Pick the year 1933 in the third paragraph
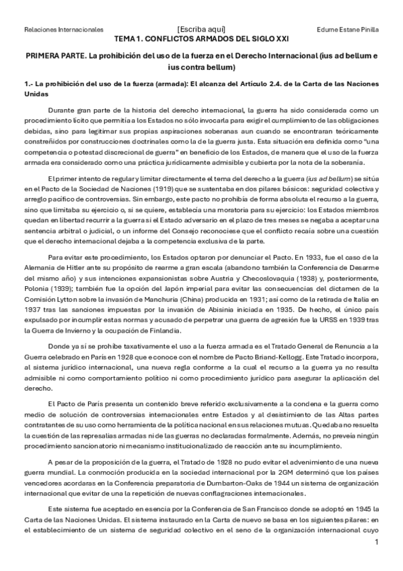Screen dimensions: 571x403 pos(342,258)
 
